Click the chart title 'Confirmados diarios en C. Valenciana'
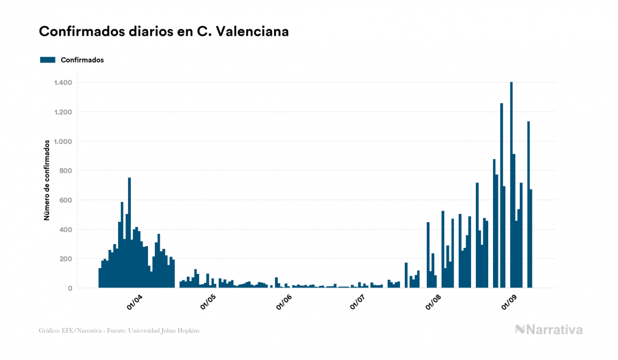(164, 32)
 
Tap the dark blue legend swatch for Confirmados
(48, 60)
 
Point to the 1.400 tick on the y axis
(63, 83)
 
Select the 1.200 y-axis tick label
(63, 112)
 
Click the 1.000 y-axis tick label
(63, 142)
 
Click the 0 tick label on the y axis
(70, 288)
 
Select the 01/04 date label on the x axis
(134, 303)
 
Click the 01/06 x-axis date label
(283, 303)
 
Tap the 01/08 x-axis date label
(433, 303)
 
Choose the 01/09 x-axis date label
(509, 303)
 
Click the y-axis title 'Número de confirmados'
(46, 181)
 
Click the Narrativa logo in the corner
(549, 330)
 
